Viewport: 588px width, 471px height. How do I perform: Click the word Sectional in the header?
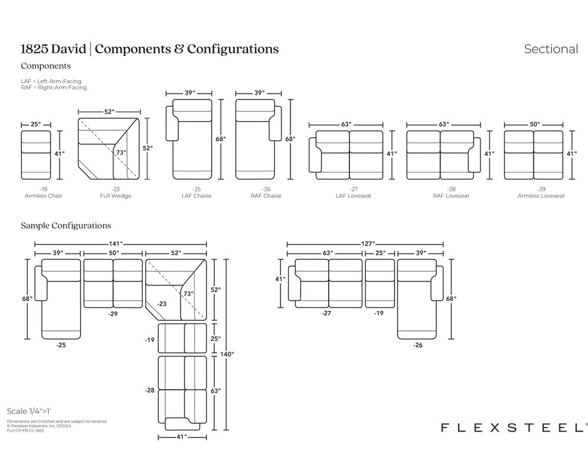[x=551, y=49]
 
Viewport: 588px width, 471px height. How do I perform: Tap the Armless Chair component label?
[x=43, y=195]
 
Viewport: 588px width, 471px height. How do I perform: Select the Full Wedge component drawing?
[x=110, y=148]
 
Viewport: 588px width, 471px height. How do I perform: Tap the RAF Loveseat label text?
[x=443, y=195]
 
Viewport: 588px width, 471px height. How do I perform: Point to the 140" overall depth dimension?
[x=226, y=354]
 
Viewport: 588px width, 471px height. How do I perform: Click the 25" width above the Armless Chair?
[x=36, y=125]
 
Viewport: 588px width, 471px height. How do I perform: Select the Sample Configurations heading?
[x=66, y=225]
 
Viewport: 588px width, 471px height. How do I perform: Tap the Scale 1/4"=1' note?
[x=33, y=411]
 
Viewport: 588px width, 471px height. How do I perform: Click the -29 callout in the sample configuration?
[x=113, y=314]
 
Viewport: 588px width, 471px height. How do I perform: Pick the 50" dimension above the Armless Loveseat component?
[x=534, y=125]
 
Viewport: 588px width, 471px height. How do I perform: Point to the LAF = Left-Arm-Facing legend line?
[x=51, y=81]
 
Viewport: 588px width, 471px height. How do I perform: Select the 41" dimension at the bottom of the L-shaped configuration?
[x=181, y=436]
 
